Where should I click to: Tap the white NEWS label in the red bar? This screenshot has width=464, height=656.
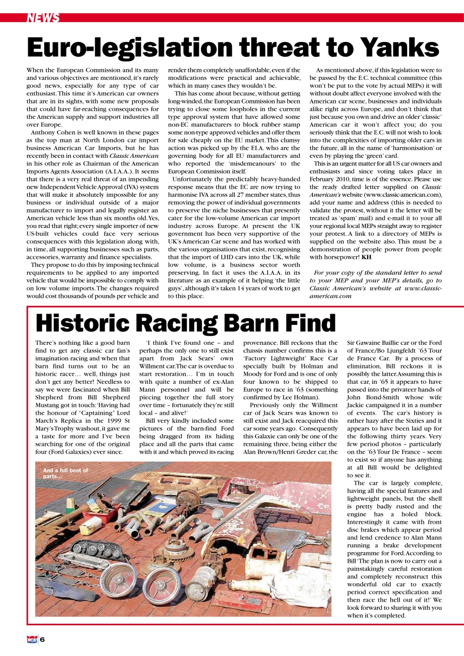(43, 18)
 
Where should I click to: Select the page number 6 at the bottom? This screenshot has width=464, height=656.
(43, 639)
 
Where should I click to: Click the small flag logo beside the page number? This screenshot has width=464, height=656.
(32, 639)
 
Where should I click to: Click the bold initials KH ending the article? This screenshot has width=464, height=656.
(367, 257)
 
